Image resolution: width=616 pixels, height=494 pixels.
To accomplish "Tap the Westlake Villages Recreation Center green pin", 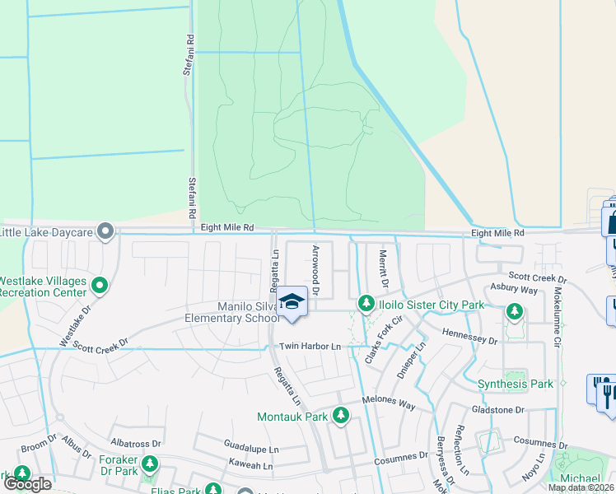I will pyautogui.click(x=100, y=287).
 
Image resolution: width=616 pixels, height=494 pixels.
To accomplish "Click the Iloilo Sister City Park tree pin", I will pyautogui.click(x=366, y=305).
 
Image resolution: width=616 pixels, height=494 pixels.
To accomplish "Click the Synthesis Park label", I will pyautogui.click(x=516, y=384).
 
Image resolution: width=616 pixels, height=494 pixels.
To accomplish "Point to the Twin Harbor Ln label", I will pyautogui.click(x=310, y=347).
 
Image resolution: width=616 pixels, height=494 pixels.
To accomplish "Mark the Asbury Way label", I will pyautogui.click(x=515, y=290).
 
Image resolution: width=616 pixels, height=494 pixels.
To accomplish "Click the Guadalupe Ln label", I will pyautogui.click(x=252, y=444).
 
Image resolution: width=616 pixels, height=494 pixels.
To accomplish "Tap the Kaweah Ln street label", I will pyautogui.click(x=250, y=466).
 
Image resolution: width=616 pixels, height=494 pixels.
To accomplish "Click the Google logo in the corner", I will pyautogui.click(x=27, y=483).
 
